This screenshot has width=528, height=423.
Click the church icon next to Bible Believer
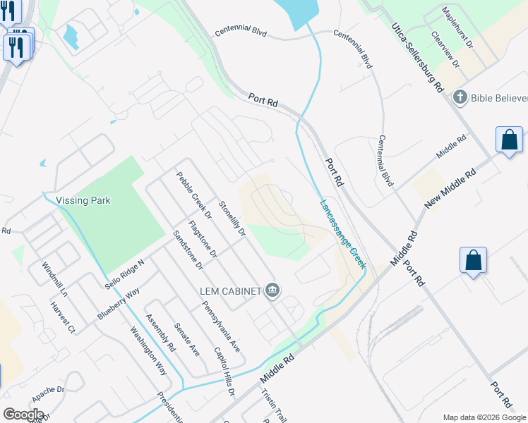point(460,97)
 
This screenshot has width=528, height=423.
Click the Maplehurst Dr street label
point(458,27)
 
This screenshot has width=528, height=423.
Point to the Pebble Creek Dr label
point(194,193)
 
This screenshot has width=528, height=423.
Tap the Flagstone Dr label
point(203,240)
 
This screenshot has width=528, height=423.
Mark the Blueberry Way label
point(119,301)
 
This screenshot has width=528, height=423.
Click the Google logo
point(23,414)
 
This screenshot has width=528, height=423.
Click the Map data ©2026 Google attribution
point(484,417)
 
